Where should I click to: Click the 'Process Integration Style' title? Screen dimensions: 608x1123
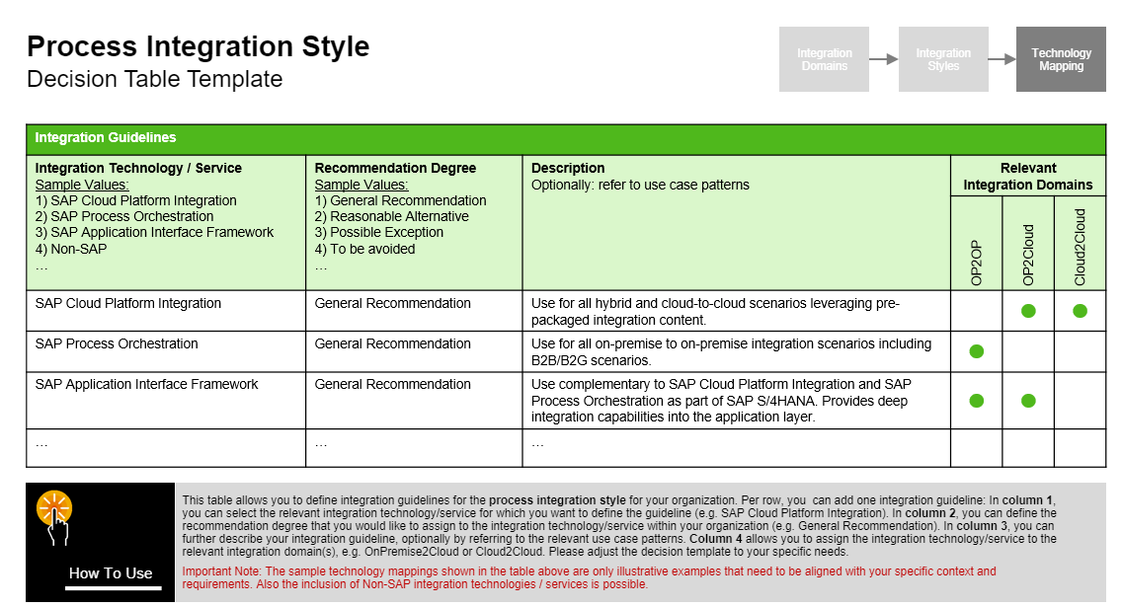[198, 46]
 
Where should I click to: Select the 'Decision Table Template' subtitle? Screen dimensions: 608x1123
[155, 79]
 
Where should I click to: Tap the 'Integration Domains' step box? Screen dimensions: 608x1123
[824, 59]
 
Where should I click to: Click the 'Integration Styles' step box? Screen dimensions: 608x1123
[943, 59]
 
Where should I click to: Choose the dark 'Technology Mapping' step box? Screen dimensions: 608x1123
[1061, 59]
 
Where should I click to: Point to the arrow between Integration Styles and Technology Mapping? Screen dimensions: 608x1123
[1002, 59]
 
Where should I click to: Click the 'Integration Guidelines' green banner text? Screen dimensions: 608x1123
[106, 138]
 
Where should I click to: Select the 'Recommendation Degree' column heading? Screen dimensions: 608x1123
[395, 168]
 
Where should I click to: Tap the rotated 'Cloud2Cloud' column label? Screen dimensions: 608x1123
[1080, 247]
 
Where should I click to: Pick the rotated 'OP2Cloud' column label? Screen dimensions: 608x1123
[1028, 255]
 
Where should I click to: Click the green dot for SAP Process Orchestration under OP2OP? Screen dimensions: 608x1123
[977, 351]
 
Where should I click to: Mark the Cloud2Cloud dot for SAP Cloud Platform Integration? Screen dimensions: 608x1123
[1080, 311]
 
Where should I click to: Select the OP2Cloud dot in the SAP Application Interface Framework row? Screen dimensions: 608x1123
[1028, 401]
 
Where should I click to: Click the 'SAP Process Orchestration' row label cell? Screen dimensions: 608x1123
[117, 344]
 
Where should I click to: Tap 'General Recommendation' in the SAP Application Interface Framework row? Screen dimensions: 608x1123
[392, 385]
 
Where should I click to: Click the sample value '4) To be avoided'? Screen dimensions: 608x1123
[364, 249]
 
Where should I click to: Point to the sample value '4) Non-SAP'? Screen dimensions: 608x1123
[71, 249]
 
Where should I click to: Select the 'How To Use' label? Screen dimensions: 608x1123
[111, 573]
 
